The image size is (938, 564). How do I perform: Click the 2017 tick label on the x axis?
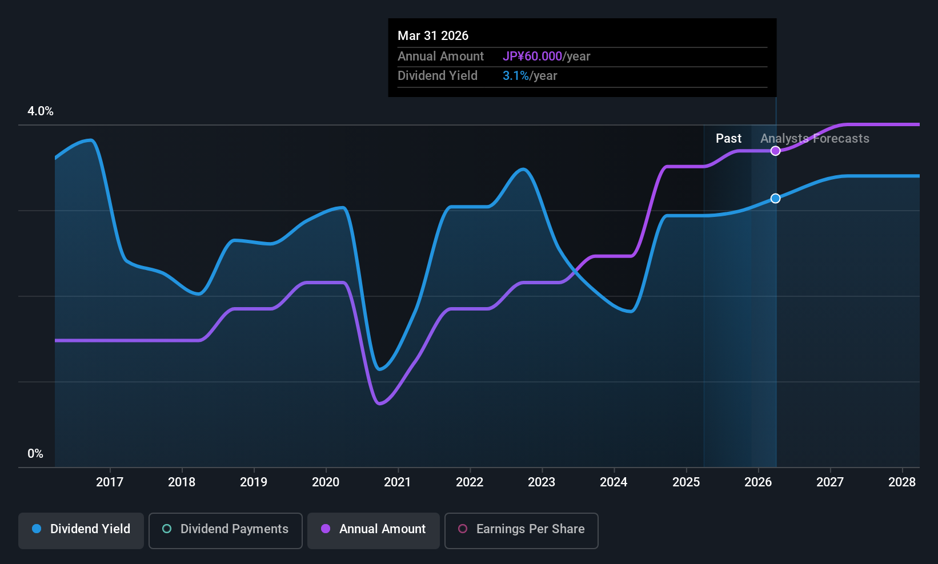click(x=110, y=482)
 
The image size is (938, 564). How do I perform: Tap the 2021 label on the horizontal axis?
click(x=398, y=482)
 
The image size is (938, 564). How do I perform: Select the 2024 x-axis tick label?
click(x=614, y=482)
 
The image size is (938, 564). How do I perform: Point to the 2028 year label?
click(x=902, y=482)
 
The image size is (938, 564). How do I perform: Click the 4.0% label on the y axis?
click(x=41, y=111)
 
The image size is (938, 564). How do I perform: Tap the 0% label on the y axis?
click(x=35, y=454)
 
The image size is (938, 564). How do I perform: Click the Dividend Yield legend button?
click(x=81, y=529)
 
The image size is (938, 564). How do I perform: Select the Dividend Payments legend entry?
click(x=226, y=529)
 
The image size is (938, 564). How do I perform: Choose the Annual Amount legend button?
click(x=374, y=529)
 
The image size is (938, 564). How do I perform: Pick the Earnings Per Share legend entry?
click(x=521, y=529)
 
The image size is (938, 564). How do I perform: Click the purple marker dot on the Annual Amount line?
click(x=775, y=151)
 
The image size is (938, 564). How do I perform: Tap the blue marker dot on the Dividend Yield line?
click(x=775, y=198)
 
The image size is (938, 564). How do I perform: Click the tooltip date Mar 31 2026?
click(x=433, y=35)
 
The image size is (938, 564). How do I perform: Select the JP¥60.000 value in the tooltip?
click(x=532, y=56)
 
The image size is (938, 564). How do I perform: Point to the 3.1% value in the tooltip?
click(x=515, y=76)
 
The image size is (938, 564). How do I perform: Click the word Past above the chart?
click(x=728, y=138)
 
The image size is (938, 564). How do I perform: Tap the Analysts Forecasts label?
click(x=815, y=138)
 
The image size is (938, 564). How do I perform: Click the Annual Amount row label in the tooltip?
click(x=440, y=56)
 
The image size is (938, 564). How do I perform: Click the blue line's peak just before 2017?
click(x=90, y=140)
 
